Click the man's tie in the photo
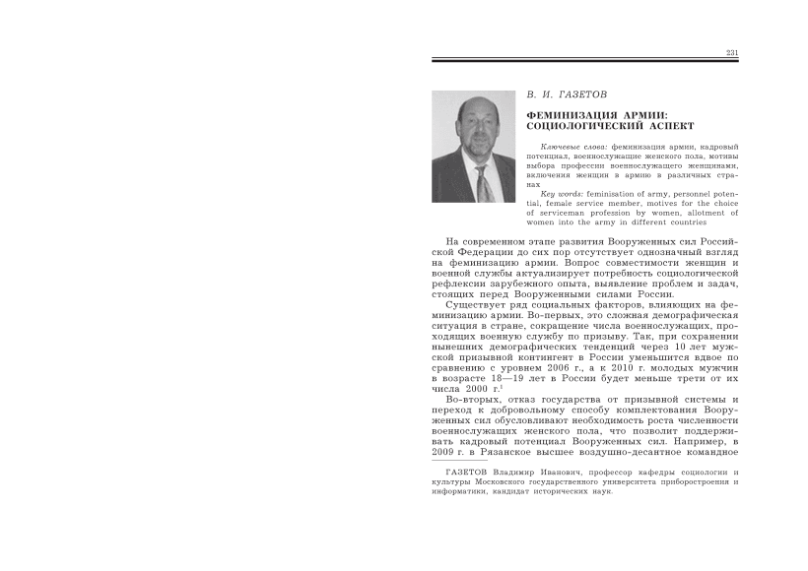[x=483, y=182]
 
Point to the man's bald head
[x=470, y=107]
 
